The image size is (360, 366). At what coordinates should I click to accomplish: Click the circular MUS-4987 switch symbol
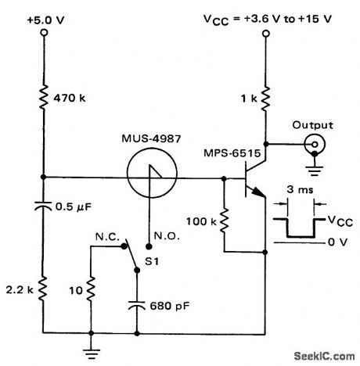coord(147,178)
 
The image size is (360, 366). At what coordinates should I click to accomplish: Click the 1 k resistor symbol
coord(266,99)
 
